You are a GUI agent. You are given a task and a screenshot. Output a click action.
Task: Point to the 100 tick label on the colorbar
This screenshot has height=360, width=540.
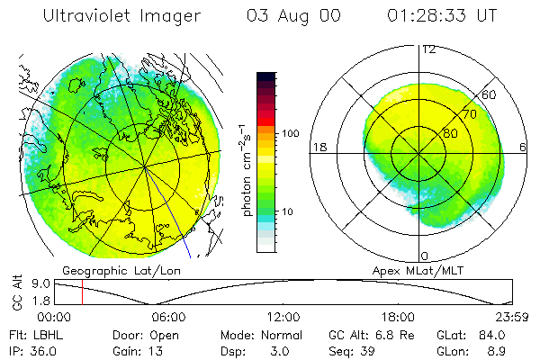290,133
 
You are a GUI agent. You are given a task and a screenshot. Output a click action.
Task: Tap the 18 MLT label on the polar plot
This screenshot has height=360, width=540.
319,147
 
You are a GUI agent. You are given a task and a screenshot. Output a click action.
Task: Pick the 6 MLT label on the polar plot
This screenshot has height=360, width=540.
524,147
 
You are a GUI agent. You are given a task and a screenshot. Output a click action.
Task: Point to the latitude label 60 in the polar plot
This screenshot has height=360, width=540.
490,94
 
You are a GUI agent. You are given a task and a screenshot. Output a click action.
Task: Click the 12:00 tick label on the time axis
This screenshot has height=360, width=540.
283,317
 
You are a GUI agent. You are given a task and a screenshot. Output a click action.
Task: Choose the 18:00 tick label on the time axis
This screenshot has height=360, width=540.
398,317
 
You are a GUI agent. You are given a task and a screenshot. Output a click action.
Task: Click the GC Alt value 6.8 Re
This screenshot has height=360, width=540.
387,335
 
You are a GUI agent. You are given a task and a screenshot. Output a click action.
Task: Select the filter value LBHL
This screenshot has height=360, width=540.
46,335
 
